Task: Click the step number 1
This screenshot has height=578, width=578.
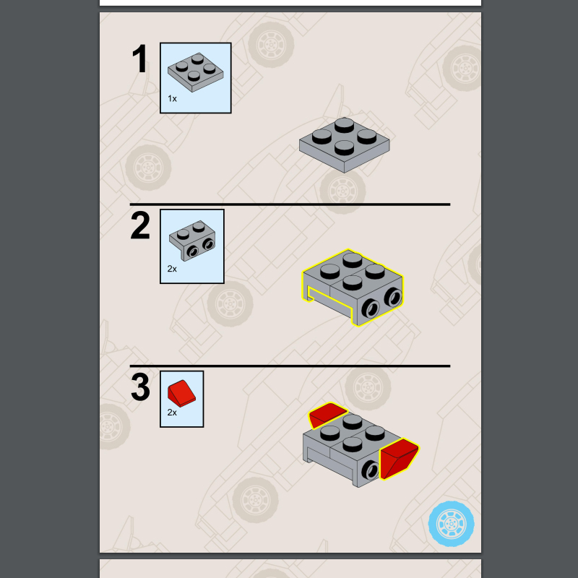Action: point(140,59)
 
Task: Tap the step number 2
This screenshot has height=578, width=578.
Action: point(140,225)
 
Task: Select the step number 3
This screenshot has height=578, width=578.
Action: point(140,387)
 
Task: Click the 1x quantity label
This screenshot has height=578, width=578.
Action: point(172,99)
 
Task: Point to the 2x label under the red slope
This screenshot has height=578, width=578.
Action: point(172,413)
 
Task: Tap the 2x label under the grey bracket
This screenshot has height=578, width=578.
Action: point(172,269)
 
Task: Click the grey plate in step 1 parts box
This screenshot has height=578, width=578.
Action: point(195,72)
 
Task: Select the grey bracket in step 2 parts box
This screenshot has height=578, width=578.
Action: point(192,241)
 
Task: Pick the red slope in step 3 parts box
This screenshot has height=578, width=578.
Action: point(181,393)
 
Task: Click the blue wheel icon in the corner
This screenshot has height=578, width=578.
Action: point(451,523)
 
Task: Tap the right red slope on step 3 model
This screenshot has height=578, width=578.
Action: point(399,458)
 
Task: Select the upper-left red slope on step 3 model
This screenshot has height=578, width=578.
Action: point(327,414)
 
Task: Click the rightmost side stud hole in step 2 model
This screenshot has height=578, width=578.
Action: point(393,297)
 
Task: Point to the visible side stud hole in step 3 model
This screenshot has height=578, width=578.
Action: point(371,470)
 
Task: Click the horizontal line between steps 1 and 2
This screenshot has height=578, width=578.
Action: point(290,204)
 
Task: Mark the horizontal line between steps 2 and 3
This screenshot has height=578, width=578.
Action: point(290,366)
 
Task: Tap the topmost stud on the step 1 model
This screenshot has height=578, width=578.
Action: point(345,124)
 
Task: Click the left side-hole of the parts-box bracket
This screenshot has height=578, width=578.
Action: point(192,251)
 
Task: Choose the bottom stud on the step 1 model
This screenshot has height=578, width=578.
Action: point(345,147)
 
